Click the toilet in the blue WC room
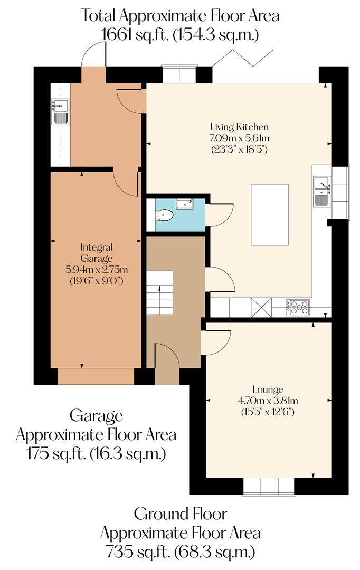(165, 215)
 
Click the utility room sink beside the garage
(60, 111)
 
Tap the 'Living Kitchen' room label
(239, 127)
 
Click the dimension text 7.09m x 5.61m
(239, 138)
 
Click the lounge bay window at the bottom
(269, 486)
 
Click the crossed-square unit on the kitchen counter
(261, 307)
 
